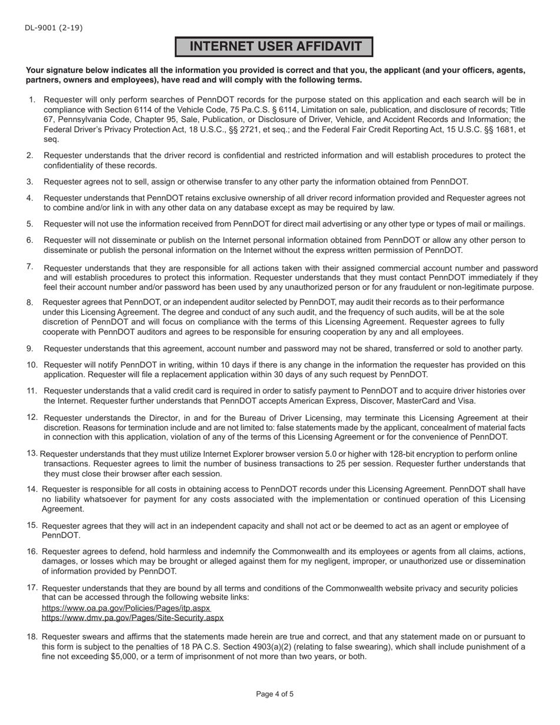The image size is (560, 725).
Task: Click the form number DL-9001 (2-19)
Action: [x=54, y=28]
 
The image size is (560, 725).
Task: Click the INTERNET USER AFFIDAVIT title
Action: [x=274, y=47]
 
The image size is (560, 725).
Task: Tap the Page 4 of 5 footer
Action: [x=275, y=694]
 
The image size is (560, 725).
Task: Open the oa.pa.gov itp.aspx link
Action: [x=126, y=608]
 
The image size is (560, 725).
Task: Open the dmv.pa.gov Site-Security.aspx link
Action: [x=133, y=618]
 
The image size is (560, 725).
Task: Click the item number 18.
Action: [x=32, y=637]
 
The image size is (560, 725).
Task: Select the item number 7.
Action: [x=29, y=267]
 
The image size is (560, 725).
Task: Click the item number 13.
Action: [x=32, y=453]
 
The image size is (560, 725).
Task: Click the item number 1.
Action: [x=32, y=100]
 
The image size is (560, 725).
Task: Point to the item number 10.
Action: [x=32, y=365]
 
